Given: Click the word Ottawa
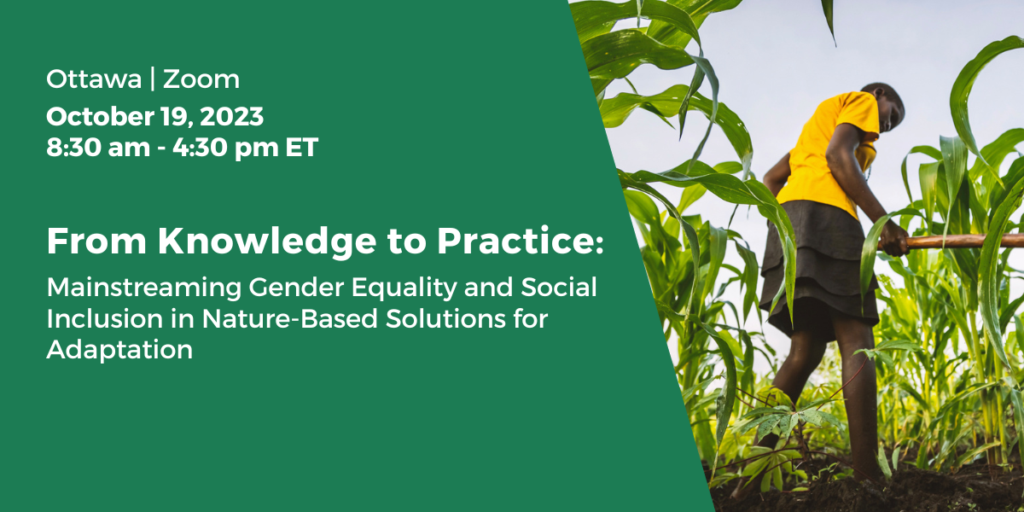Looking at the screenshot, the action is point(94,79).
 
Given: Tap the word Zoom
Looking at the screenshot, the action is point(201,79).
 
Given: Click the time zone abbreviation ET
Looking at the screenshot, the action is point(302,148).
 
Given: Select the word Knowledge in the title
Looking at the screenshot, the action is point(267,241).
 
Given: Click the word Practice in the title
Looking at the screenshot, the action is point(520,241).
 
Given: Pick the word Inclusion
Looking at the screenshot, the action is point(105,318).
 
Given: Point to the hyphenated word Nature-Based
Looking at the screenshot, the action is point(290,318).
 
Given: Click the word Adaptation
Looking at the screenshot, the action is point(119,351).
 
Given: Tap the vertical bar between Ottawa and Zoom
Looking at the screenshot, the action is point(152,79).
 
